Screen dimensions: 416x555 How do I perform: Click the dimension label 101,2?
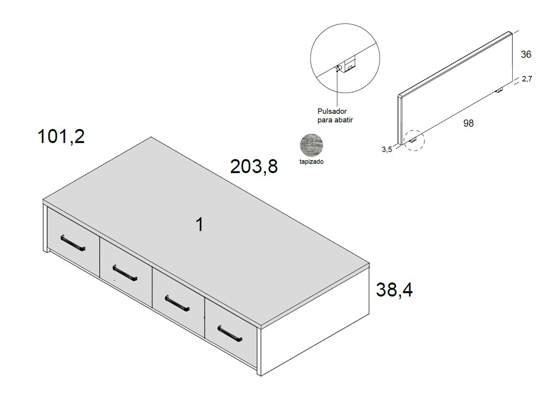click(x=61, y=136)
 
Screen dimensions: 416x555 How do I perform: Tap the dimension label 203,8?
click(x=254, y=166)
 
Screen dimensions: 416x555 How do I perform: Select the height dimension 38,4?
click(x=394, y=290)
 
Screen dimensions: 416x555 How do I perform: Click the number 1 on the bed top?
click(x=200, y=225)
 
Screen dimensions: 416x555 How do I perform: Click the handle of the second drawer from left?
click(x=124, y=273)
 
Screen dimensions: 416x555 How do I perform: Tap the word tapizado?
click(x=311, y=162)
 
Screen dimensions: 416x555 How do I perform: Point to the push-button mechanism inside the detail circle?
click(x=348, y=66)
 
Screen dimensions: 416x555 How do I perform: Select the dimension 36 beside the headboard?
click(x=526, y=54)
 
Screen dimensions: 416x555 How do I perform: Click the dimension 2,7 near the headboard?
click(x=527, y=79)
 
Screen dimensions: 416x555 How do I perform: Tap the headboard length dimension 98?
click(x=468, y=123)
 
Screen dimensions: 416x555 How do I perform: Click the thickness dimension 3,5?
click(x=387, y=149)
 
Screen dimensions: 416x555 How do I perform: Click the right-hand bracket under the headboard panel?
click(x=500, y=90)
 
